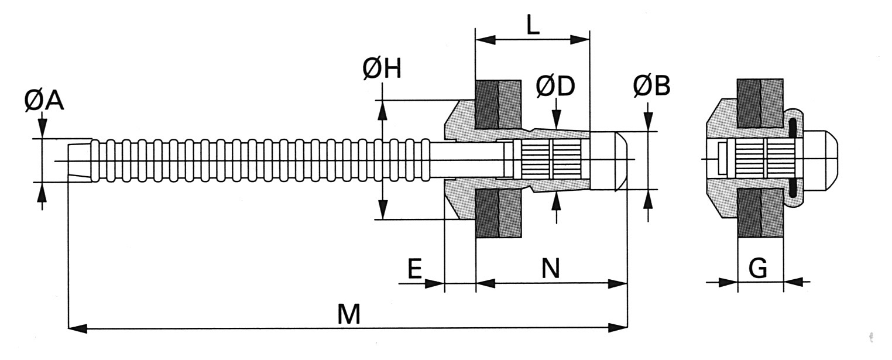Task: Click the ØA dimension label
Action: [x=44, y=101]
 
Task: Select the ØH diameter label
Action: [x=382, y=68]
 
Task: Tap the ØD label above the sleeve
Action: [x=555, y=87]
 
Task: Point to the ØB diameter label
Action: [x=651, y=86]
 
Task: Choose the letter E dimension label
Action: [x=415, y=269]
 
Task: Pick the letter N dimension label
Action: [x=551, y=268]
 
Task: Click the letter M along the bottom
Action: [x=349, y=314]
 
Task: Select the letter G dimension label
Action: [x=758, y=268]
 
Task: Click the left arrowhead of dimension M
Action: [x=78, y=328]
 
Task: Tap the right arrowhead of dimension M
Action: [x=617, y=328]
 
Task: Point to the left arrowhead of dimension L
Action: [x=486, y=40]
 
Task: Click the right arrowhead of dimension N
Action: [x=617, y=283]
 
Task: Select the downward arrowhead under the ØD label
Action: [x=557, y=119]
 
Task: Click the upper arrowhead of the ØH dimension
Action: [x=383, y=110]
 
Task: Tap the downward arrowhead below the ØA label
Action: [x=43, y=129]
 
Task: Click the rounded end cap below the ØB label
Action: [x=609, y=161]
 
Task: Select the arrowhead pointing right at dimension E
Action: [x=434, y=283]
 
